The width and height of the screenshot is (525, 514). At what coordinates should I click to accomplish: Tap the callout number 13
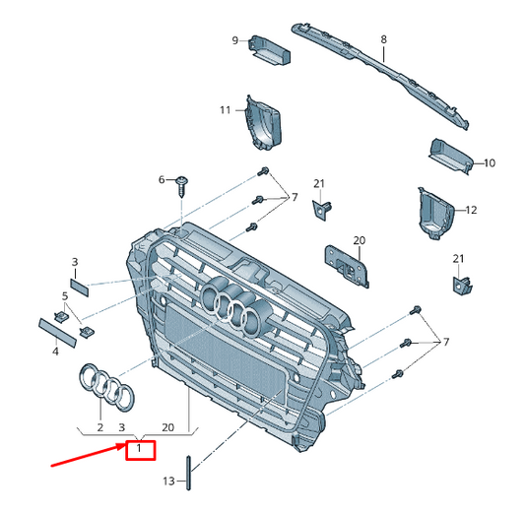(x=168, y=481)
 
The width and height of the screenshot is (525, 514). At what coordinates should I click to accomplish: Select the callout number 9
(x=235, y=40)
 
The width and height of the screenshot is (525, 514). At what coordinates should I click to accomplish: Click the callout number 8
(x=384, y=40)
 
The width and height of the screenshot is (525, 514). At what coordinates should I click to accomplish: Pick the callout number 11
(x=225, y=109)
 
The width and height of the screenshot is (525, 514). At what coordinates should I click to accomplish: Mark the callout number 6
(x=163, y=180)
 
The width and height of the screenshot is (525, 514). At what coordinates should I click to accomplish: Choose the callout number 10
(x=490, y=162)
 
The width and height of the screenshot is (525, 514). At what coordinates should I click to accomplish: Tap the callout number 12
(x=471, y=210)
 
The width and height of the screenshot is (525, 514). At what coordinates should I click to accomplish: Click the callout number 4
(x=55, y=351)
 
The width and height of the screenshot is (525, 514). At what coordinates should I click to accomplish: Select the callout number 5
(x=66, y=295)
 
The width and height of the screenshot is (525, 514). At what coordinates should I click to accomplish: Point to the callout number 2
(x=99, y=428)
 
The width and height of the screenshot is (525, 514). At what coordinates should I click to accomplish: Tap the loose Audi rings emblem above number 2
(x=103, y=386)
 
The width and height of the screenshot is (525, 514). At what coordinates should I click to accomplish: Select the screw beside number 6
(x=183, y=184)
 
